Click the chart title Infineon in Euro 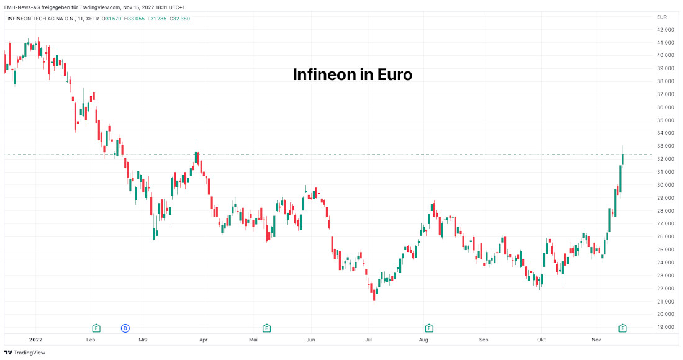click(353, 75)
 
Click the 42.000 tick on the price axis click(666, 30)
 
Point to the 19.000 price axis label click(666, 327)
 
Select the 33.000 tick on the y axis click(666, 146)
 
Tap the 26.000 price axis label click(666, 236)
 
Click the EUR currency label click(661, 17)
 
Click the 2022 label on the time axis click(35, 340)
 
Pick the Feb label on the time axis click(91, 340)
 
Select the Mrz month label click(143, 340)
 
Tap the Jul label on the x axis click(368, 340)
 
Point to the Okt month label click(541, 340)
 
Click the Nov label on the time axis click(597, 340)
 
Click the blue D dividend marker click(125, 328)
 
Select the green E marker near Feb click(96, 328)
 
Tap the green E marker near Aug click(428, 328)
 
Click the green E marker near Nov click(623, 328)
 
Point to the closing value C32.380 click(179, 19)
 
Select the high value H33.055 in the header click(134, 19)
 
